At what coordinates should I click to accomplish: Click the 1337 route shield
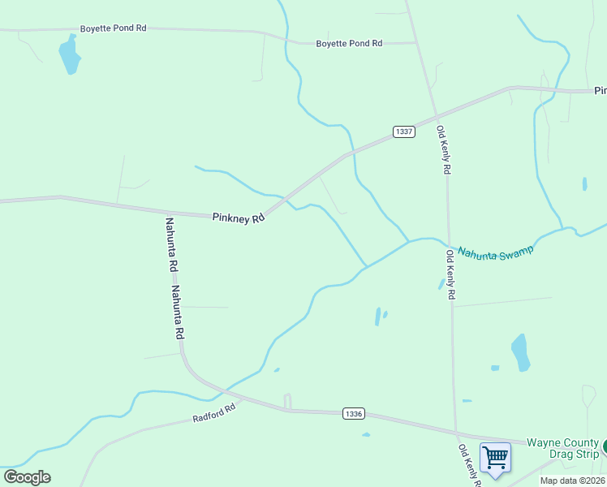pyautogui.click(x=404, y=131)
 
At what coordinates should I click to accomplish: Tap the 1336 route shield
pyautogui.click(x=353, y=413)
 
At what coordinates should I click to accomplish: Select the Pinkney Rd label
pyautogui.click(x=239, y=218)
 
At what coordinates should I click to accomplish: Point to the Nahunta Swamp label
pyautogui.click(x=496, y=252)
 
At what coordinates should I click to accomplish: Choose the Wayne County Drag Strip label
pyautogui.click(x=562, y=448)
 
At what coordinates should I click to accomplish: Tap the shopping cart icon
pyautogui.click(x=494, y=457)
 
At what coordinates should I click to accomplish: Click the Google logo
pyautogui.click(x=27, y=477)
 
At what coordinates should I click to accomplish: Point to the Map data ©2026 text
pyautogui.click(x=572, y=481)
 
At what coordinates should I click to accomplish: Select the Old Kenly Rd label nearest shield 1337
pyautogui.click(x=443, y=150)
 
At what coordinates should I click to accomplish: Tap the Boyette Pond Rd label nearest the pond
pyautogui.click(x=113, y=28)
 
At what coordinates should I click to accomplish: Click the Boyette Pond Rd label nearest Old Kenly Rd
pyautogui.click(x=349, y=43)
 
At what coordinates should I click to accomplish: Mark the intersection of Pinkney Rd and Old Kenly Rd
pyautogui.click(x=435, y=114)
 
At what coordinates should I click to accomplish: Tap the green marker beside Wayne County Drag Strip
pyautogui.click(x=605, y=446)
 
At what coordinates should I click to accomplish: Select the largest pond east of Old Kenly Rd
pyautogui.click(x=520, y=352)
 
